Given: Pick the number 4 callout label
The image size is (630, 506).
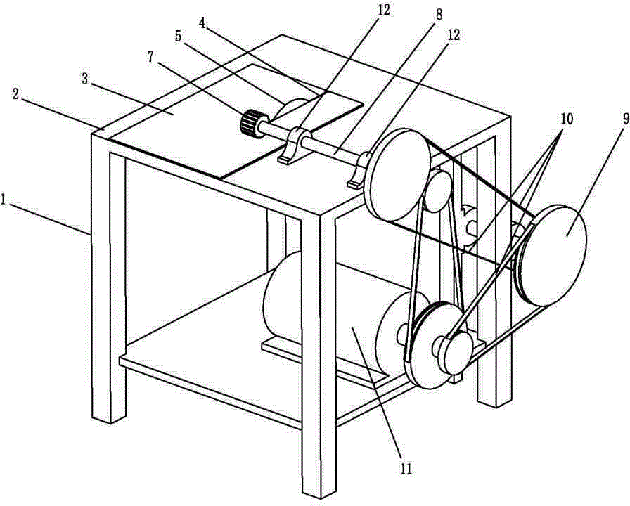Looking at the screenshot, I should pyautogui.click(x=202, y=23).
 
